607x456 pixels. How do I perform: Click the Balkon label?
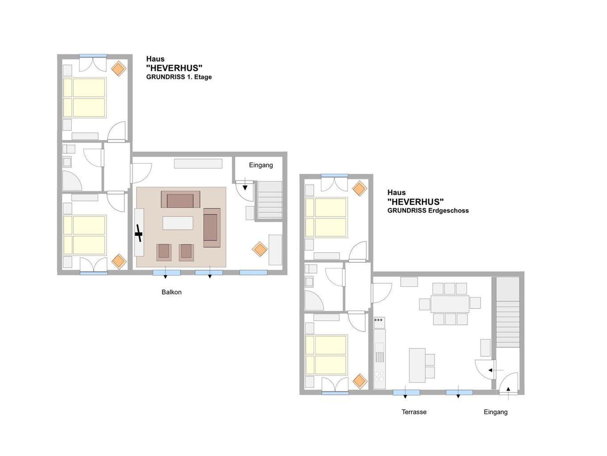[x=172, y=292]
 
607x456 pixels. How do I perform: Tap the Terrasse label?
[x=414, y=412]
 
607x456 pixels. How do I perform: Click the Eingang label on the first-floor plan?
[x=261, y=165]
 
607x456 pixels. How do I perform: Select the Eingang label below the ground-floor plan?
[x=496, y=412]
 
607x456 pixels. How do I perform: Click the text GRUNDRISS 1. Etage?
[x=179, y=77]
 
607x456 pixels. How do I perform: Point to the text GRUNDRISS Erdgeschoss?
[x=428, y=211]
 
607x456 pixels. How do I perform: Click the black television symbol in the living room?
[x=139, y=233]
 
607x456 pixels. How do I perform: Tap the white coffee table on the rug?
[x=178, y=223]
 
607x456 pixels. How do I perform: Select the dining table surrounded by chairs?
[x=450, y=304]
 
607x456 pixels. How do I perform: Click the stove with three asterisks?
[x=379, y=323]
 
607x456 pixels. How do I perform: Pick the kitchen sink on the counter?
[x=380, y=353]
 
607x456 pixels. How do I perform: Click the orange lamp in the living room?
[x=260, y=249]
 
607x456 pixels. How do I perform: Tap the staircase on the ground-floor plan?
[x=508, y=312]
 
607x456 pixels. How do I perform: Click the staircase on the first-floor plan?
[x=270, y=200]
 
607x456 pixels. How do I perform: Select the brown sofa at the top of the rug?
[x=180, y=199]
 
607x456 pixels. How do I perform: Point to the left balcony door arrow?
[x=165, y=272]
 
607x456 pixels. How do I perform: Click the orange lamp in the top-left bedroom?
[x=119, y=68]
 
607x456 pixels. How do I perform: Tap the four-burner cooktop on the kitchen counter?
[x=380, y=377]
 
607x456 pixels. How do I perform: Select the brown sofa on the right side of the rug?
[x=212, y=228]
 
